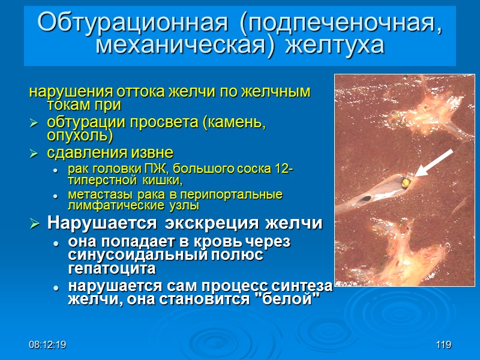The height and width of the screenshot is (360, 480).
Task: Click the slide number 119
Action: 443,345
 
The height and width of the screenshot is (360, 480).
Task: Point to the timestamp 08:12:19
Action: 47,345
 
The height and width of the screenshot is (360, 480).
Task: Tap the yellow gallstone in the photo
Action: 406,181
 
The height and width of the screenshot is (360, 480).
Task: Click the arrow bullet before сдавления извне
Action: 34,152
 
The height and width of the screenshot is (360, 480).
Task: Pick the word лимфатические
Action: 112,206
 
